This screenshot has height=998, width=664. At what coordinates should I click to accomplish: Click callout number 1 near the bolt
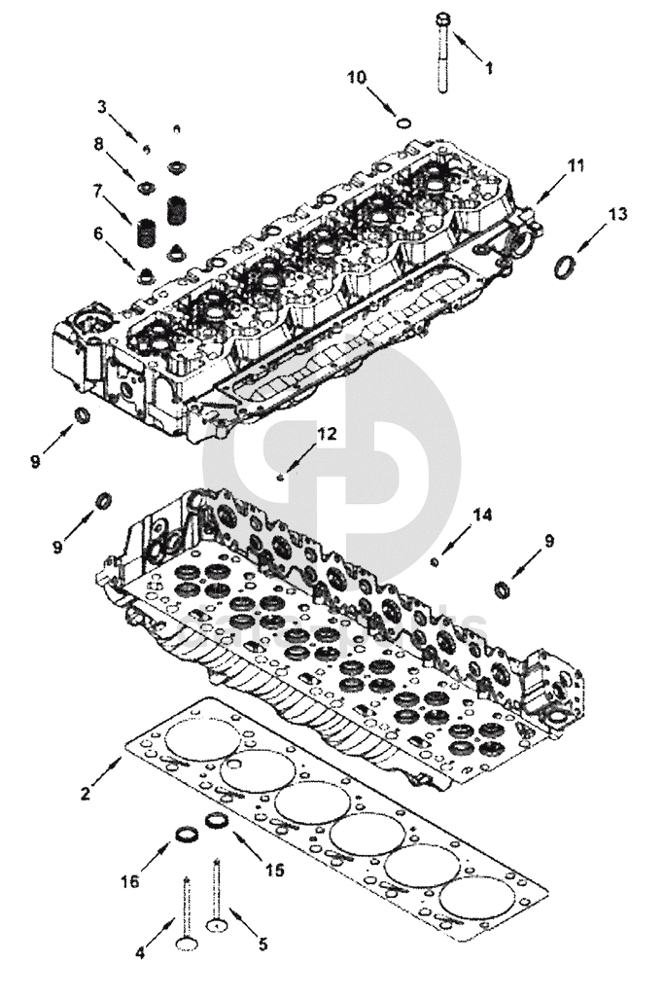[489, 69]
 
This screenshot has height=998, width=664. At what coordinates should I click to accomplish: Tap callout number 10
[359, 77]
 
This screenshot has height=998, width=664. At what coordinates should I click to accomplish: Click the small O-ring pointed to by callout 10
[402, 123]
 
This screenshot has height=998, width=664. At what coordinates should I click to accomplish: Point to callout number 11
[577, 165]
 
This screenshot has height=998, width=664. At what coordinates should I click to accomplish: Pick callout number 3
[101, 105]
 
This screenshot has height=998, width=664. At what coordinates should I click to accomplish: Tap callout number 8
[98, 144]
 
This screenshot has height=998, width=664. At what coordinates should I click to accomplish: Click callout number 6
[98, 233]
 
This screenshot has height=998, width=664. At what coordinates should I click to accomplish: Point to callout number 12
[327, 435]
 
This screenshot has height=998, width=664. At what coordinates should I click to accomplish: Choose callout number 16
[130, 881]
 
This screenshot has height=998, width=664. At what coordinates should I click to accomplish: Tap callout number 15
[274, 870]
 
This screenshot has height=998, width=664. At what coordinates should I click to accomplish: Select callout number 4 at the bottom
[140, 953]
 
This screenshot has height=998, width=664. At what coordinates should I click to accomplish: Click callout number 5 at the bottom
[262, 944]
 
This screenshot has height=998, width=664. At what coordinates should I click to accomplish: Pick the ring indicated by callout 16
[185, 835]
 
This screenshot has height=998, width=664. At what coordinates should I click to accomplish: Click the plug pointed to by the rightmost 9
[502, 588]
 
